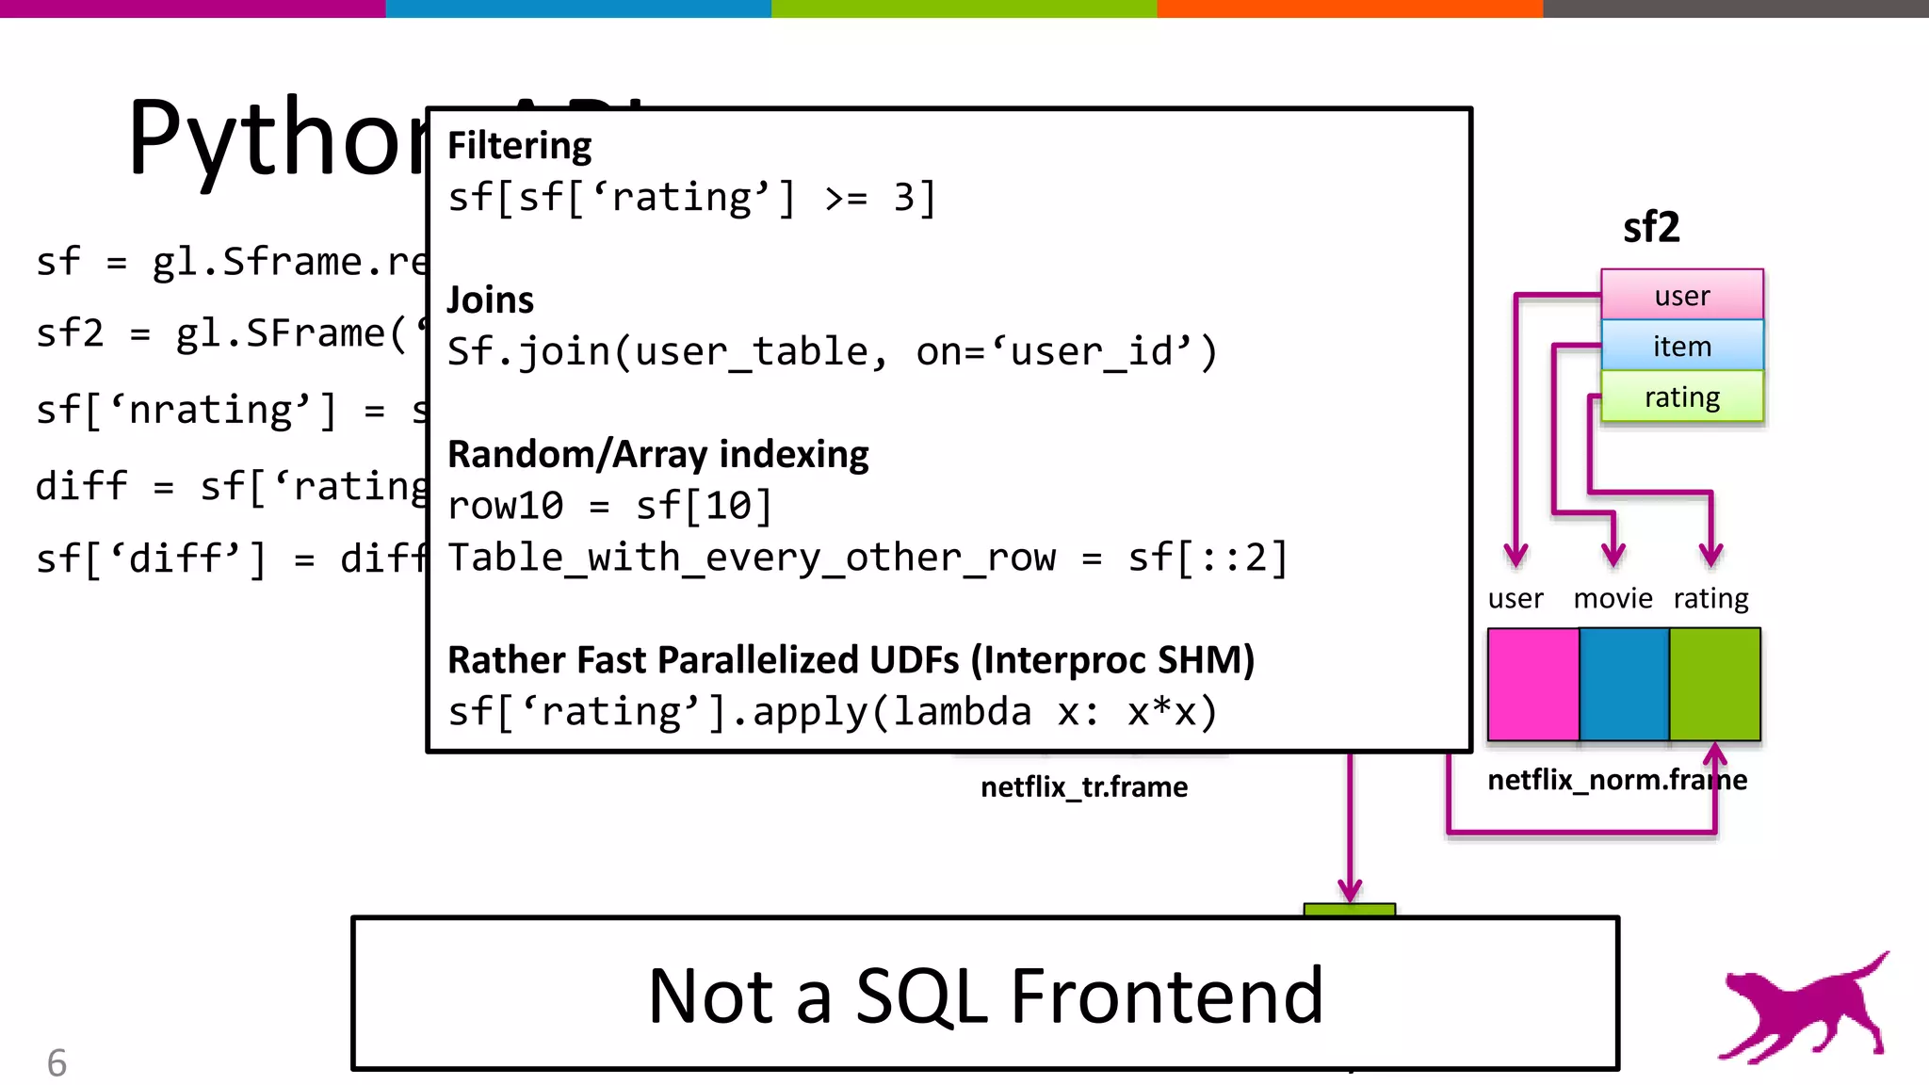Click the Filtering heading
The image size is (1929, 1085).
519,146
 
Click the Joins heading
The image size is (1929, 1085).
490,300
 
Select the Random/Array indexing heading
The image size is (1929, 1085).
657,455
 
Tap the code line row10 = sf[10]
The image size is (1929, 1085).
609,507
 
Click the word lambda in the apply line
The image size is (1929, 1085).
962,712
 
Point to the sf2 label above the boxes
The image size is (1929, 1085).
1651,228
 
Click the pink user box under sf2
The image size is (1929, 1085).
1681,296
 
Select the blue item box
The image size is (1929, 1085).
1681,347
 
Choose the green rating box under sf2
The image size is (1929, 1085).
1681,397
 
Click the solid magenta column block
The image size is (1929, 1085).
1532,685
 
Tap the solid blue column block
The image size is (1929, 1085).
1624,685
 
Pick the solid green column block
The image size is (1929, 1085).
1714,685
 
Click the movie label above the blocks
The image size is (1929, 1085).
1613,599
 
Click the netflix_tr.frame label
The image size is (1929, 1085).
1084,787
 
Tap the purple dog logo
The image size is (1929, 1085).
1804,1010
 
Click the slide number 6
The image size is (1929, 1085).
57,1063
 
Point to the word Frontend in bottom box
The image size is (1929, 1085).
1167,996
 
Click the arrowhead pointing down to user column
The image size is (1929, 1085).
1516,554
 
